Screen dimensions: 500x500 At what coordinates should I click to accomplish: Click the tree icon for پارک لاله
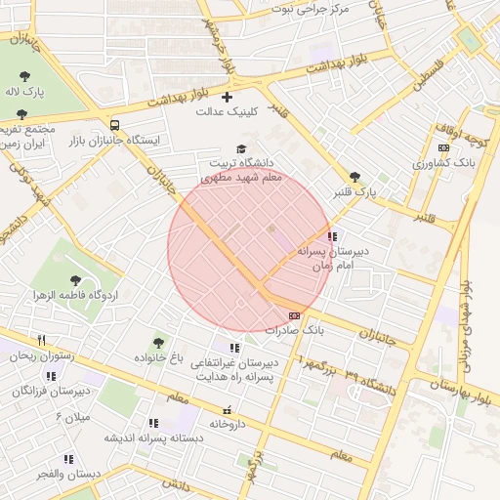tap(24, 75)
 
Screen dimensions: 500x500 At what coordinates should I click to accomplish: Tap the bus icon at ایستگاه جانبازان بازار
tap(115, 125)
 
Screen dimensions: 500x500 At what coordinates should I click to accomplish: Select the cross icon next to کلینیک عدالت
tap(228, 98)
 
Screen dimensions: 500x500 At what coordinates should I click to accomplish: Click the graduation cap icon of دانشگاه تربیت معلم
tap(241, 147)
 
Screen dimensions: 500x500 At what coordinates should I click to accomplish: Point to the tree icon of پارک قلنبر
tap(354, 177)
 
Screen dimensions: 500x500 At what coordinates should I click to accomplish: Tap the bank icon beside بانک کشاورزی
tap(444, 148)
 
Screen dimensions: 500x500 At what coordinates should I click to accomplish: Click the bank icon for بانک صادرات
tap(295, 315)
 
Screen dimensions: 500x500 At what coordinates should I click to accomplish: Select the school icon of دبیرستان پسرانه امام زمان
tap(332, 236)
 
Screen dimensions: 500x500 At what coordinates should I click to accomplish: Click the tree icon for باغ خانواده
tap(158, 343)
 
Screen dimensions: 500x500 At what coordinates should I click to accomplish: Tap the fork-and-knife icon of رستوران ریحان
tap(41, 340)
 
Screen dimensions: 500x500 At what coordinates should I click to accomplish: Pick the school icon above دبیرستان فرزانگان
tap(51, 376)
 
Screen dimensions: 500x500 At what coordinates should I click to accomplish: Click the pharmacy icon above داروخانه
tap(227, 408)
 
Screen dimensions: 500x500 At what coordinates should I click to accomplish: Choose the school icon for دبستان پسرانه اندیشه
tap(152, 423)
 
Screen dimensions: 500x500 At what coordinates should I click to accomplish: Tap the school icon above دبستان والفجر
tap(68, 459)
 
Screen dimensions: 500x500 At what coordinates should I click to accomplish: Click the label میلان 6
tap(71, 417)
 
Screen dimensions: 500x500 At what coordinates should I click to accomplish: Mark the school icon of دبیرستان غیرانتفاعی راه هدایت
tap(233, 348)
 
